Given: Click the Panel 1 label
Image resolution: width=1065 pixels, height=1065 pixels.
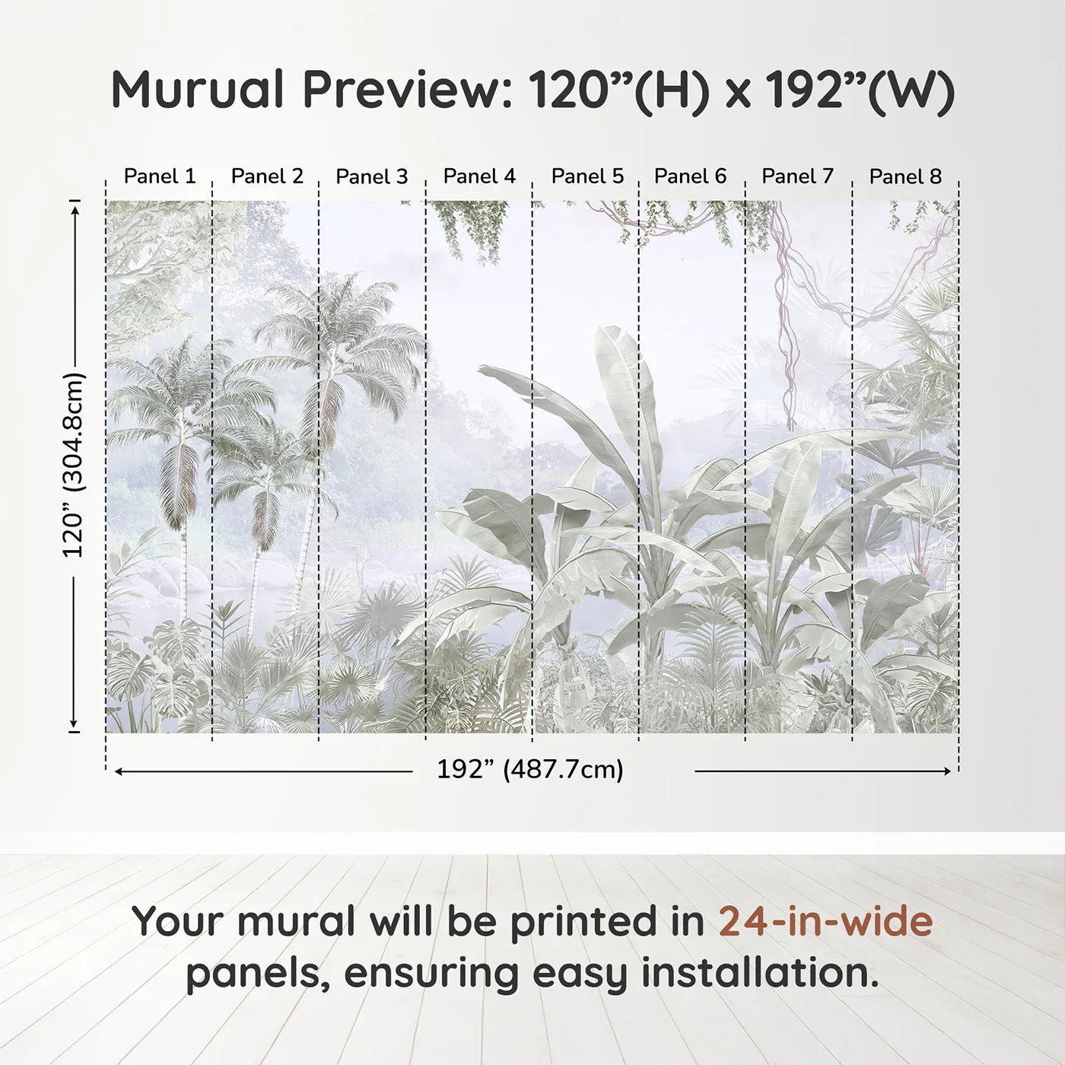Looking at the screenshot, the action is (160, 176).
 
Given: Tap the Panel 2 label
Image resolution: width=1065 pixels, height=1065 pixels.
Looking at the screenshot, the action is (268, 176).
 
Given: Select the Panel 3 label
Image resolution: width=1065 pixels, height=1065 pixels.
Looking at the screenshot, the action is (372, 176).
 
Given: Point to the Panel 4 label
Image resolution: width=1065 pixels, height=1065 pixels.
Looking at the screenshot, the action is (480, 176).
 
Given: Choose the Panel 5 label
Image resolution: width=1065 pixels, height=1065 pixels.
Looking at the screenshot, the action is (587, 176).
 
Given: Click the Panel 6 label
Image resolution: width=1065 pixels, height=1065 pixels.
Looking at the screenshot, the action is (690, 176).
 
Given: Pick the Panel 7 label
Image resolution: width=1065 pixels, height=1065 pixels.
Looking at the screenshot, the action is (797, 176).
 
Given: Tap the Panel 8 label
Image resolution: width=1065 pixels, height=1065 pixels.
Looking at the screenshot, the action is (905, 176).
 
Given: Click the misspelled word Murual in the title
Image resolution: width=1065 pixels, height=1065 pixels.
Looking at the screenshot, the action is (198, 90).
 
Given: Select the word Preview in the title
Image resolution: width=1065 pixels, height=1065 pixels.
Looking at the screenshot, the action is (408, 91).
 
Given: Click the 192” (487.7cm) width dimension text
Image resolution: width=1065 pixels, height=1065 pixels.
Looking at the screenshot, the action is (530, 769).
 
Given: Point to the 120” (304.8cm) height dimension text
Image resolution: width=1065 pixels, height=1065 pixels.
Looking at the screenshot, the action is (73, 465).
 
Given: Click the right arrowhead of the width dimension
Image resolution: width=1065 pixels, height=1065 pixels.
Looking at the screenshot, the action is (947, 771).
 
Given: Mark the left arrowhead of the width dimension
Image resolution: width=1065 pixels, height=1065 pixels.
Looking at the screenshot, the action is (119, 771).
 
